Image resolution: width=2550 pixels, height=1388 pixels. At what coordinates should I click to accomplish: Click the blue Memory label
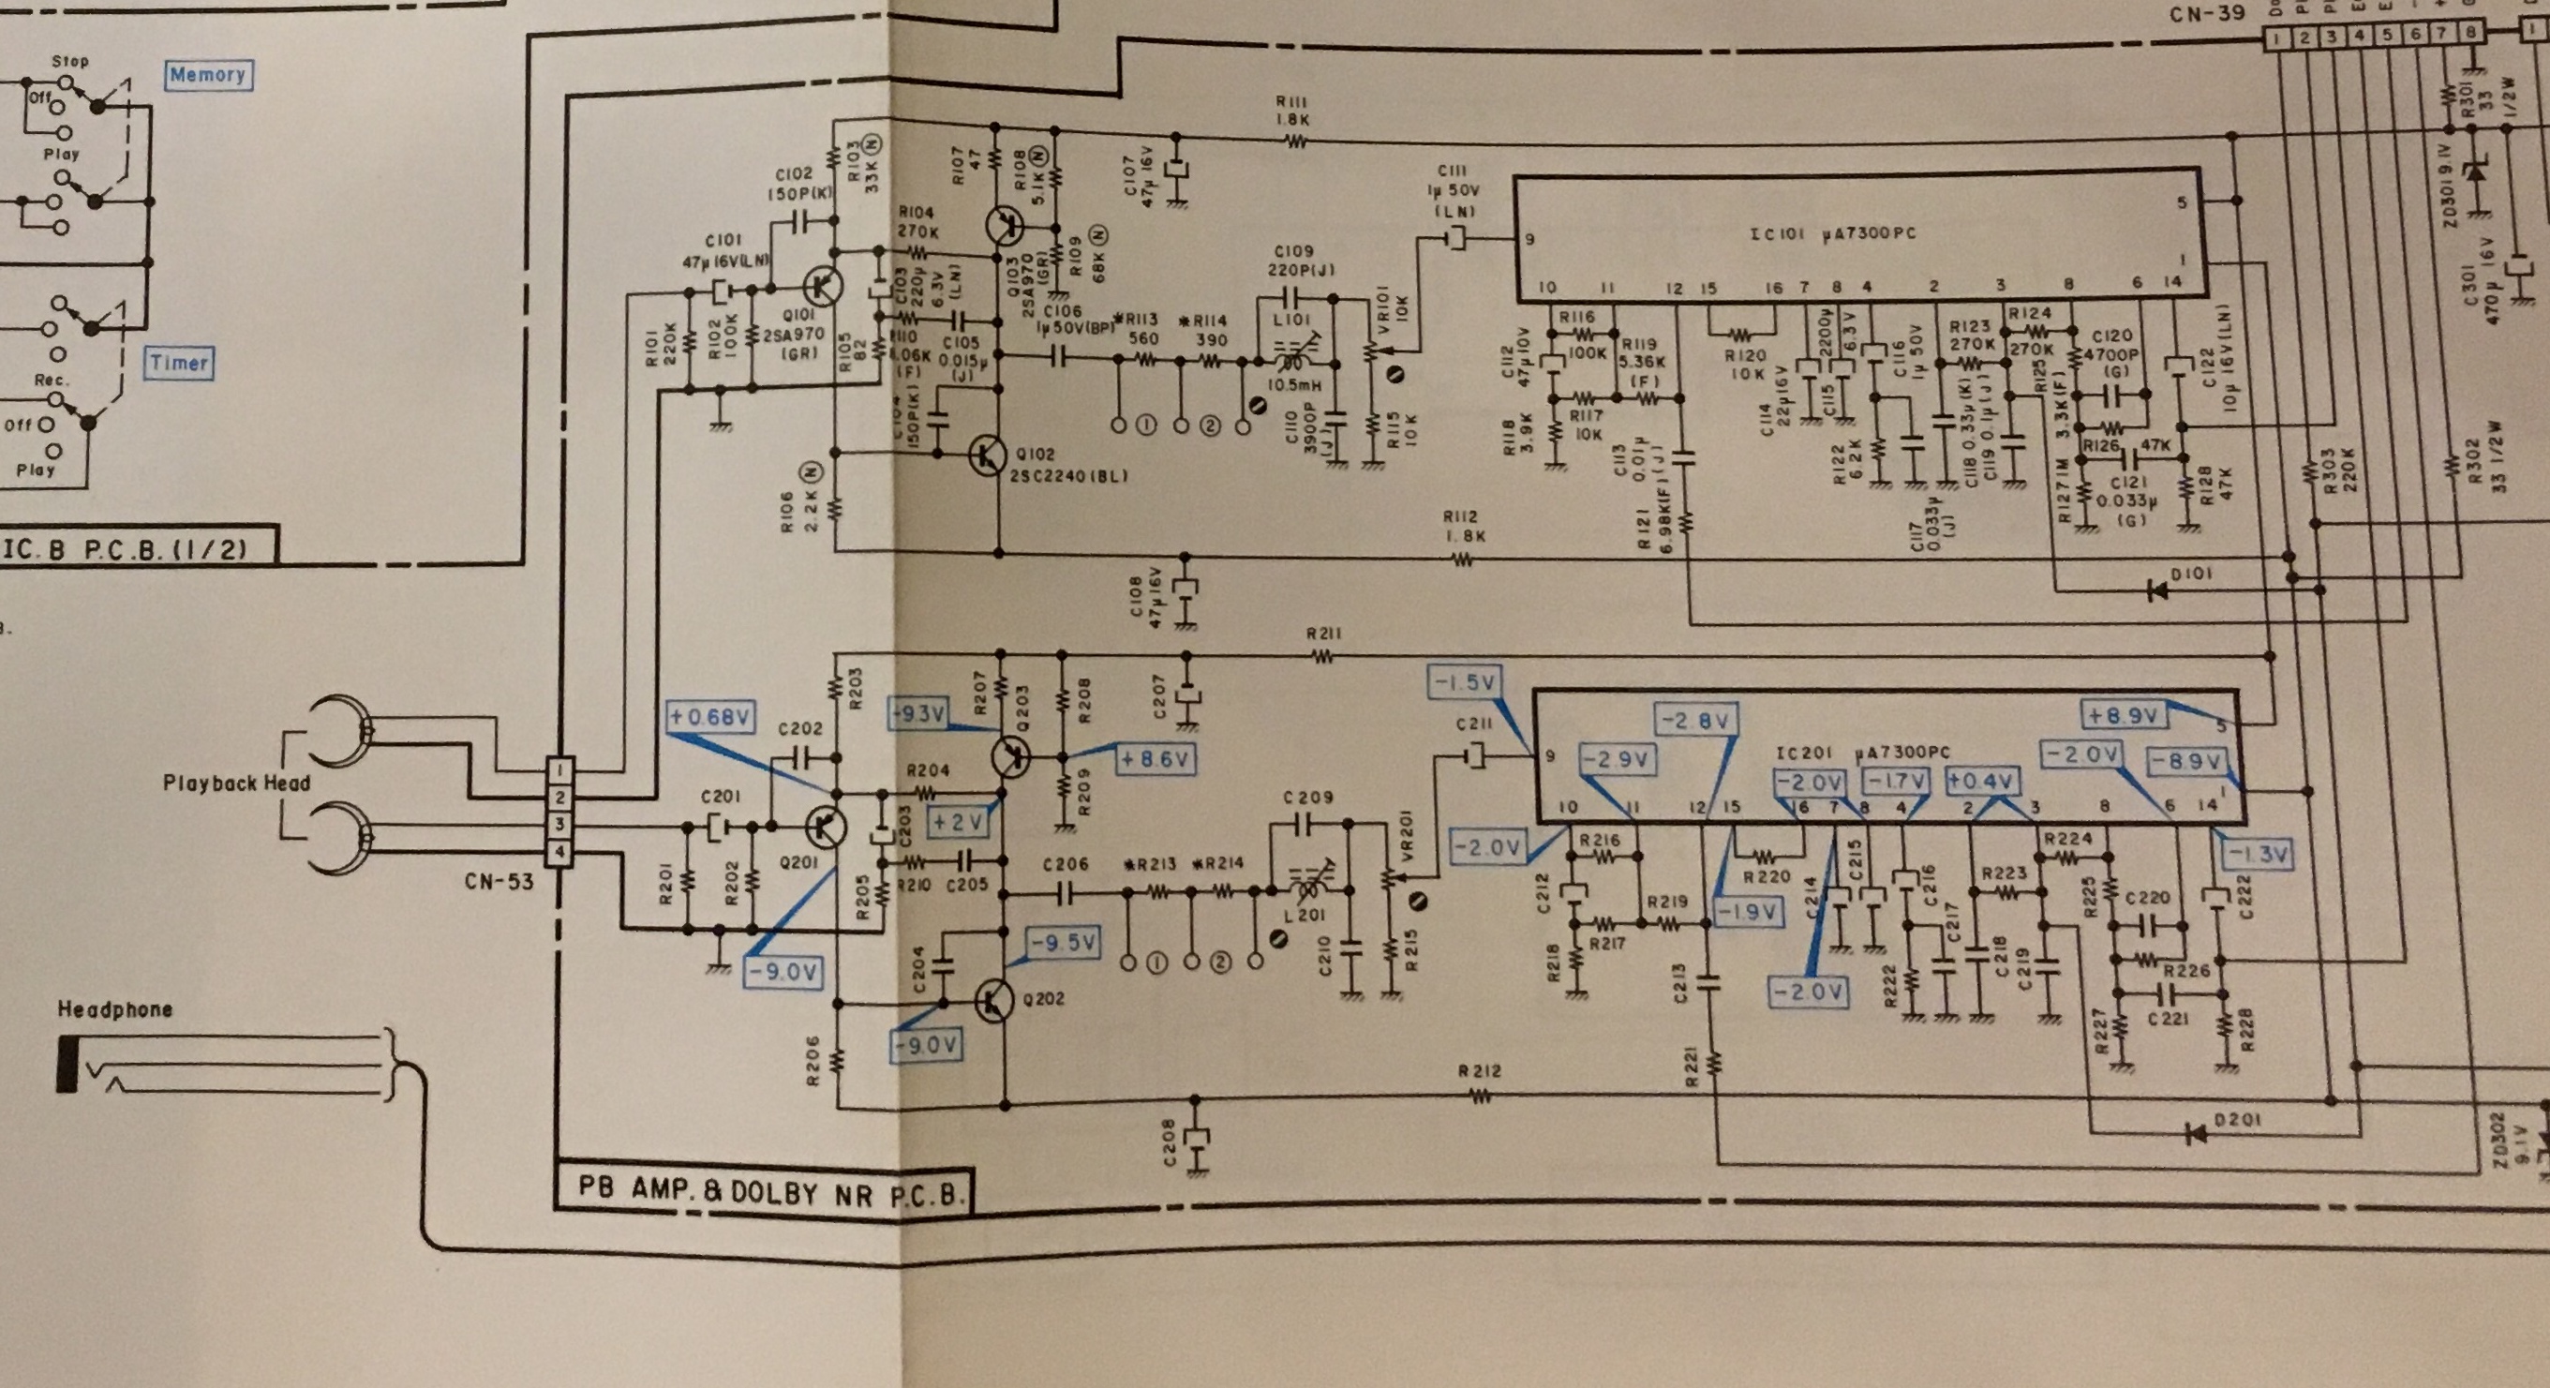[x=206, y=74]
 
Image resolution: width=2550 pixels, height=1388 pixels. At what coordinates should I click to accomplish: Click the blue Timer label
[x=179, y=363]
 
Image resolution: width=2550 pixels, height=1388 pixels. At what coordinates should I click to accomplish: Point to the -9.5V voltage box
[x=1063, y=944]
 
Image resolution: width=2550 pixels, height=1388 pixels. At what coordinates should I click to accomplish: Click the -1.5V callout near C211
[x=1463, y=682]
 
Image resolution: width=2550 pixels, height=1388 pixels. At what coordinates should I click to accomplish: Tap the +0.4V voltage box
[x=1981, y=781]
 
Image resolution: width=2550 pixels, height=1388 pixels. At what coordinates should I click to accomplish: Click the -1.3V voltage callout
[x=2257, y=853]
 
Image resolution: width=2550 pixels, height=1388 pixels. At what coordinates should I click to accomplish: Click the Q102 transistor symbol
[x=988, y=455]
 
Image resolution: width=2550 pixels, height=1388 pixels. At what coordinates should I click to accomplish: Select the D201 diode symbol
[x=2196, y=1132]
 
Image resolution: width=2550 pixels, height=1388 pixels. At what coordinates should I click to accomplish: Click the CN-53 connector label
[x=498, y=880]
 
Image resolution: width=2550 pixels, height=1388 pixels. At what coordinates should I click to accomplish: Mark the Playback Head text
[x=236, y=784]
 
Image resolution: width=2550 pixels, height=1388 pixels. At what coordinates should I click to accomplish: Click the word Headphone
[x=115, y=1009]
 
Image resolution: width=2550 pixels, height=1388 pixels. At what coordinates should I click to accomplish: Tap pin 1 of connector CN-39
[x=2279, y=37]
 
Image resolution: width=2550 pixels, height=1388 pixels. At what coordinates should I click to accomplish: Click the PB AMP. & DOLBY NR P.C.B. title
[x=769, y=1190]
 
